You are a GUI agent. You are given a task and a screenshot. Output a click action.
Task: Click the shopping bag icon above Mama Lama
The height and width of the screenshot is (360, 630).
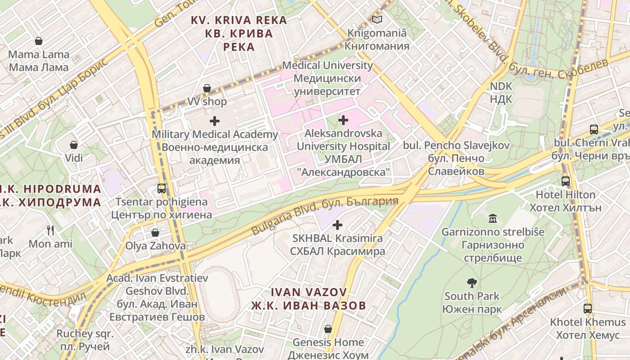[x=39, y=41]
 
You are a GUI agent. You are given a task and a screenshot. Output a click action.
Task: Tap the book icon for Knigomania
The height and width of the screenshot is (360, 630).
[x=377, y=20]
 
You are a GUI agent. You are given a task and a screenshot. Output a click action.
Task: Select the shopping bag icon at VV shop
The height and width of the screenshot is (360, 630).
[x=207, y=88]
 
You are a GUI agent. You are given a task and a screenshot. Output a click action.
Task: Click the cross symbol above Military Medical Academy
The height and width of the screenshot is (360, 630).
[x=215, y=121]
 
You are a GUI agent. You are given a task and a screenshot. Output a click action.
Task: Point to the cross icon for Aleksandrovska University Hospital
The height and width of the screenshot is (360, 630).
[x=343, y=120]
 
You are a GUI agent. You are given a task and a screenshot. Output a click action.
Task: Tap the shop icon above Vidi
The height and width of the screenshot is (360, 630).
[x=74, y=145]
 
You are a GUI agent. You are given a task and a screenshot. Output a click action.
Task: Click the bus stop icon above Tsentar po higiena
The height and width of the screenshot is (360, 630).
[x=162, y=188]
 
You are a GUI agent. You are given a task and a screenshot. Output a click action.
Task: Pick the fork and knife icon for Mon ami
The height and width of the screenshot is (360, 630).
[x=50, y=230]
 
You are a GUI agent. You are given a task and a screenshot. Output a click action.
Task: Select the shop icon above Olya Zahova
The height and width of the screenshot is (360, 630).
[x=155, y=233]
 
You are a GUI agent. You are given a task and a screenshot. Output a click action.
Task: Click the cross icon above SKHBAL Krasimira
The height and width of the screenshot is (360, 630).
[x=337, y=225]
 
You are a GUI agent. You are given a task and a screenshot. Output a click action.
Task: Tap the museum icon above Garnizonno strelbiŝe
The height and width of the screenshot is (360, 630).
[x=493, y=219]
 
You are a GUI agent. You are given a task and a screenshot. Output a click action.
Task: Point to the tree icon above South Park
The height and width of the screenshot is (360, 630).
[x=472, y=283]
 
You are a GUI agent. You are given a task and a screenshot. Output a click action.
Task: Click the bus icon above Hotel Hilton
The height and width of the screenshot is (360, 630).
[x=566, y=181]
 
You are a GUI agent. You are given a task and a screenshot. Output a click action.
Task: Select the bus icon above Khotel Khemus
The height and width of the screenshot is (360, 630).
[x=588, y=309]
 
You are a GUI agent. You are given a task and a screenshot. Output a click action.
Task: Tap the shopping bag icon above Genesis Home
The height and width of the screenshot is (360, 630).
[x=328, y=329]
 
